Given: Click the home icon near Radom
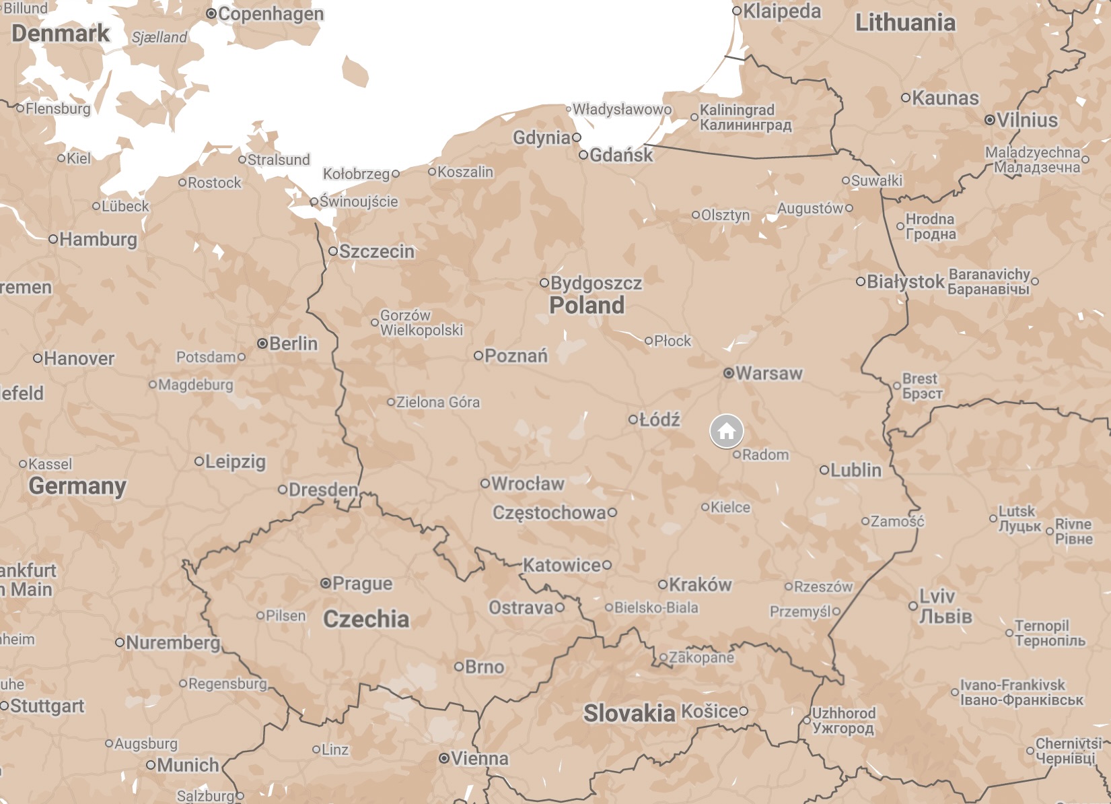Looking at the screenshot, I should (727, 431).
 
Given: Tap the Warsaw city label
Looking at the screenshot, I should (768, 373).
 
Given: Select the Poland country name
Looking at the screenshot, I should (587, 305).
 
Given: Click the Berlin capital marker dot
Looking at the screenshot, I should (262, 343).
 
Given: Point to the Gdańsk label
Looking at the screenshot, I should (621, 155).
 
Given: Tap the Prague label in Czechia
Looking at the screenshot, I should (362, 583).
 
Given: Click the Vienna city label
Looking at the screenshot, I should (479, 759).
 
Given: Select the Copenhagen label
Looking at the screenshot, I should (271, 14).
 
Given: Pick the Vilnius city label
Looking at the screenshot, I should (1027, 120).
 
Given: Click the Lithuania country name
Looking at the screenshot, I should (905, 23).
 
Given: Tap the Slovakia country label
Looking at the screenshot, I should (629, 713).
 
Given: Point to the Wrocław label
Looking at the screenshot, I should (528, 483).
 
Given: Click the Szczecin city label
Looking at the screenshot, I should (376, 251).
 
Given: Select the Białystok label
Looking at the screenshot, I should (905, 281).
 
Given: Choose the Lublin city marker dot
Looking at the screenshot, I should (824, 470).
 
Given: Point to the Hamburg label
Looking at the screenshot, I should (98, 239).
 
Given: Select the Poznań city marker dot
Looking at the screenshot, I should (478, 356).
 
